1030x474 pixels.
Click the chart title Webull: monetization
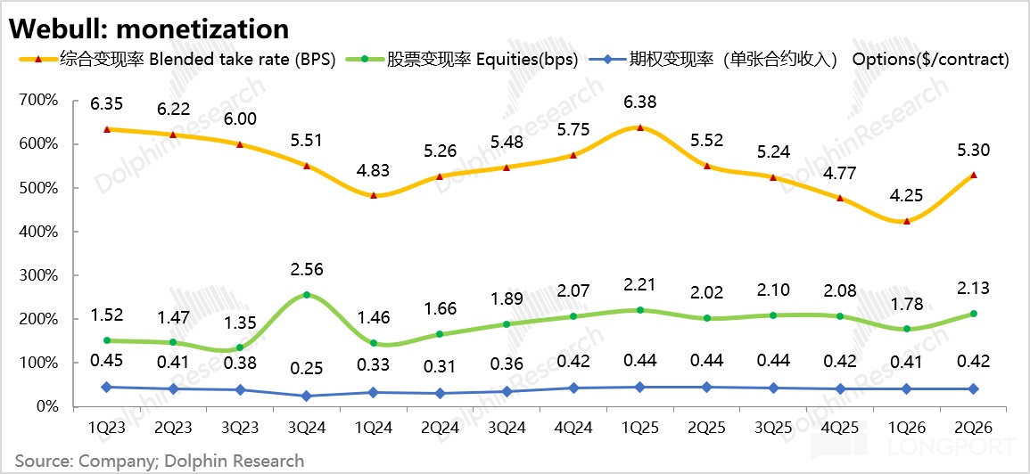pyautogui.click(x=148, y=29)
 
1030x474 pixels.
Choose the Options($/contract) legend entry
pyautogui.click(x=808, y=59)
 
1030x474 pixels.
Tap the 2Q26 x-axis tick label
pyautogui.click(x=973, y=428)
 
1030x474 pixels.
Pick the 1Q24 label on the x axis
pyautogui.click(x=375, y=428)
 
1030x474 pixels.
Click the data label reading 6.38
pyautogui.click(x=639, y=102)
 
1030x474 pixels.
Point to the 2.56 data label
pyautogui.click(x=308, y=270)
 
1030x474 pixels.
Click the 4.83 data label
pyautogui.click(x=375, y=171)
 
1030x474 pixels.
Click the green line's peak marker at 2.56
pyautogui.click(x=308, y=296)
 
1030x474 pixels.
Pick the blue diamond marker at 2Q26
pyautogui.click(x=973, y=388)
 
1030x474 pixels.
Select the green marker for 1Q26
pyautogui.click(x=907, y=329)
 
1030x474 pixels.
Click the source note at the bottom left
pyautogui.click(x=160, y=461)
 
